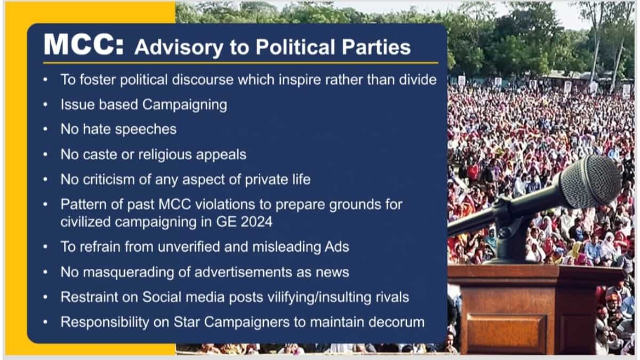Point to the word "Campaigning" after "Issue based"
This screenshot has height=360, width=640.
coord(185,105)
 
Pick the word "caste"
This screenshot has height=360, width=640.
coord(101,155)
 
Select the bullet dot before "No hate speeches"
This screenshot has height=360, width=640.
coord(46,130)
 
